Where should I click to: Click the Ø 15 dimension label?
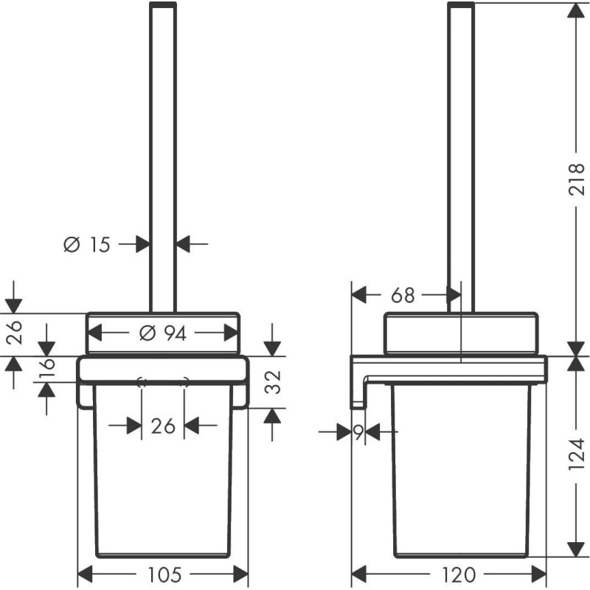87,245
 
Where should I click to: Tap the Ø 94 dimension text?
163,333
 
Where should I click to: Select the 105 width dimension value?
164,575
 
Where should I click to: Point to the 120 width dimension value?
458,575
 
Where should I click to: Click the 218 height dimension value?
576,179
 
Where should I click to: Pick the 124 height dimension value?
576,454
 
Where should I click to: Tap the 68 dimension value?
403,296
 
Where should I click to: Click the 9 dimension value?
358,433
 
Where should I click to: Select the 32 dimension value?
273,382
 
